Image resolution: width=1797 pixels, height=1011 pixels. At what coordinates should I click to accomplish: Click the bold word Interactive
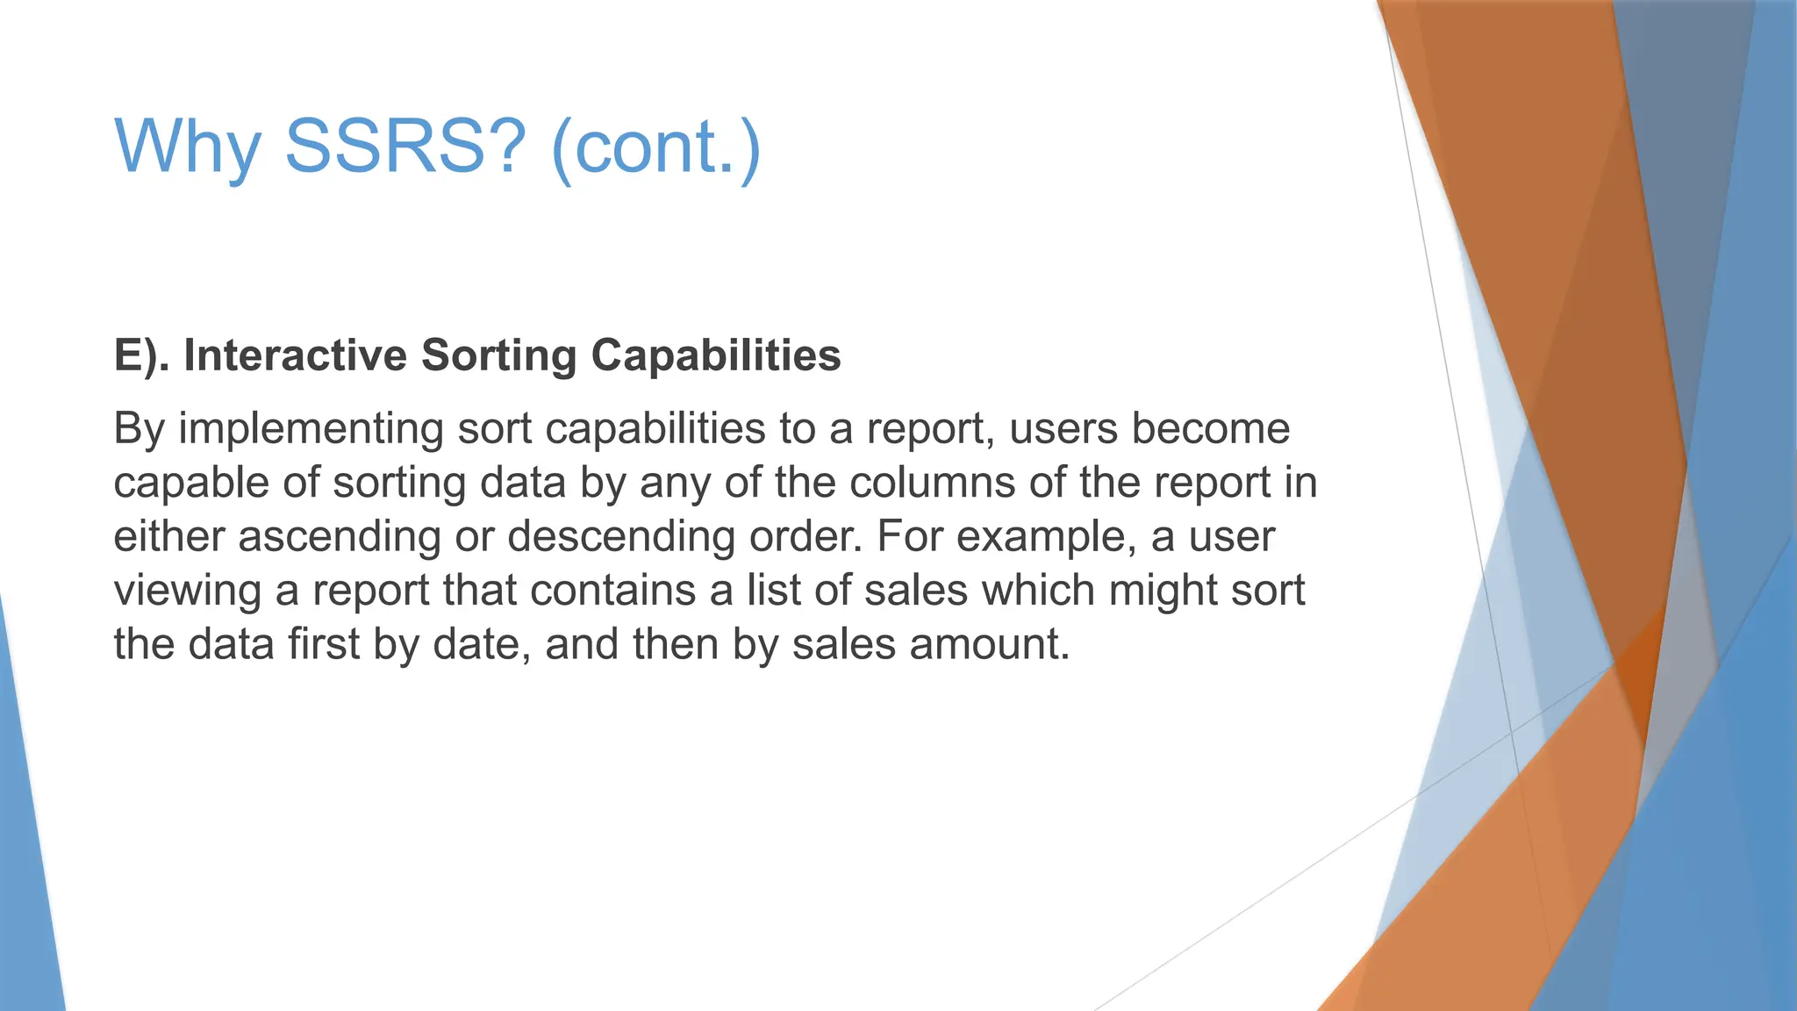295,355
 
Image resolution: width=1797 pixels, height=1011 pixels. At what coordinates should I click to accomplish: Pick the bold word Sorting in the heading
498,355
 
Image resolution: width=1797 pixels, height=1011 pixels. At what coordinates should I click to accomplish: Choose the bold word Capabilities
716,355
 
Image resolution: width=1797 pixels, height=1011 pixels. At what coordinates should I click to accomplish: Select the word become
1210,429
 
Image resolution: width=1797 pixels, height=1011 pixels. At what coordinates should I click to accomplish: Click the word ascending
339,536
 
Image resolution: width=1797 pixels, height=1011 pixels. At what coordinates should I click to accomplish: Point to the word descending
621,536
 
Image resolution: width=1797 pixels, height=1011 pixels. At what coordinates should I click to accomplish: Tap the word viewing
187,591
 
